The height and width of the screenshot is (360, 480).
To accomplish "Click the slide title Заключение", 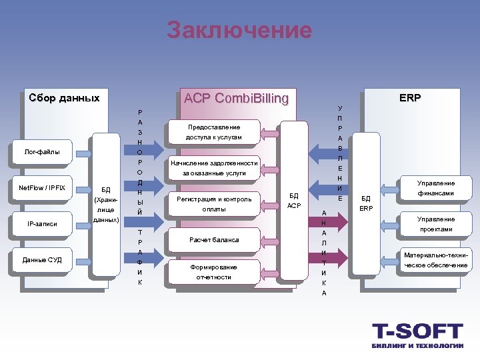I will [x=239, y=30].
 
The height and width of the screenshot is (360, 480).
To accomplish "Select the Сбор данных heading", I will [x=64, y=98].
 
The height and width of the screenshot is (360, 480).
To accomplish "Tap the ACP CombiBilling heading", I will [x=236, y=99].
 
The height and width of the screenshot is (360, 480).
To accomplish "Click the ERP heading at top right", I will [x=410, y=98].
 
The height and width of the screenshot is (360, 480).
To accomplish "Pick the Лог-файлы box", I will [x=42, y=152].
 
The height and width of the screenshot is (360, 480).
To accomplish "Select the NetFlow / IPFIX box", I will [x=42, y=188].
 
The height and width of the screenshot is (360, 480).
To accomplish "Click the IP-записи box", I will [x=42, y=224].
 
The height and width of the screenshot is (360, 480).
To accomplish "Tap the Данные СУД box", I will [x=42, y=259].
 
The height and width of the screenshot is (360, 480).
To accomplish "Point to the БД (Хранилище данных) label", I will [x=105, y=204].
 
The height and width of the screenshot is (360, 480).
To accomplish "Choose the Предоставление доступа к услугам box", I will [x=213, y=132].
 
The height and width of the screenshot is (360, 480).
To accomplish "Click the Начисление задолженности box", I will [x=213, y=168].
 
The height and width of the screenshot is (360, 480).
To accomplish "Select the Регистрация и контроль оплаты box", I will [x=213, y=204].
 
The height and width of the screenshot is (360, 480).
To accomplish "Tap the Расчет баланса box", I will [x=213, y=239].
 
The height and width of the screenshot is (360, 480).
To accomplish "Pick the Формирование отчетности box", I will [x=213, y=272].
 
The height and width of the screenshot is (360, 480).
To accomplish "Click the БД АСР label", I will [x=294, y=201].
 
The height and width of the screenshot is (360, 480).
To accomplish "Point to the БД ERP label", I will [x=365, y=203].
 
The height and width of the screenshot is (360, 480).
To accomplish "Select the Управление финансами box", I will [x=435, y=188].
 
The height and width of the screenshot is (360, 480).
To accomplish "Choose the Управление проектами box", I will [x=435, y=224].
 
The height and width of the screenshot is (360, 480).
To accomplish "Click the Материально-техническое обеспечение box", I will [x=435, y=260].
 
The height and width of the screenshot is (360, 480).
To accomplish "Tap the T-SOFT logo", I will [x=417, y=335].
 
